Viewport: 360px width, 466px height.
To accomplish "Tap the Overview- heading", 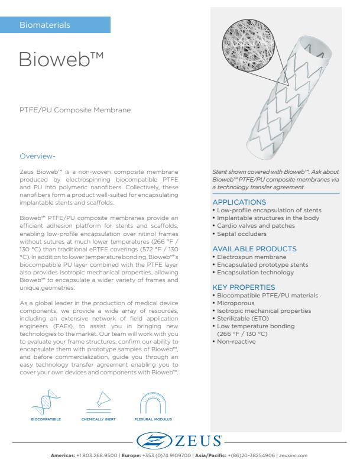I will pyautogui.click(x=37, y=156).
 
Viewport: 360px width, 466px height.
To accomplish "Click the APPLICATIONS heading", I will pyautogui.click(x=238, y=202).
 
